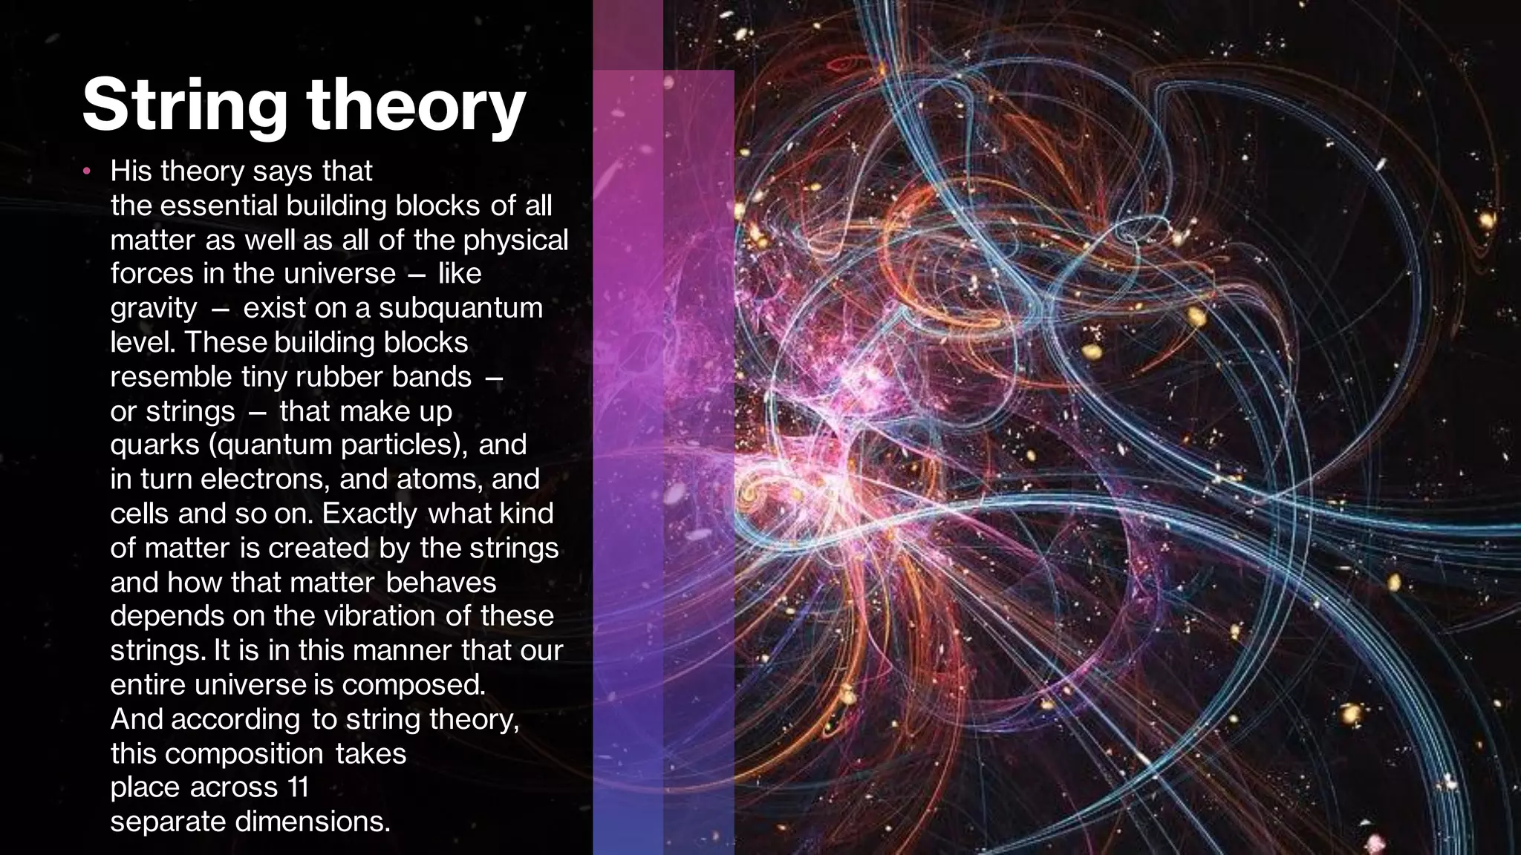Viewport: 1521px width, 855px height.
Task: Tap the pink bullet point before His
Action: coord(87,172)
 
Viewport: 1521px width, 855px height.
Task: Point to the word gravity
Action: coord(154,308)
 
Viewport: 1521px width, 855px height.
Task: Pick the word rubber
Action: coord(339,377)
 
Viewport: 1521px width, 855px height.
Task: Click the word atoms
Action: coord(439,479)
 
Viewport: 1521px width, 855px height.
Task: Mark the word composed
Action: coord(413,684)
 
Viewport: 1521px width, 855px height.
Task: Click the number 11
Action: coord(297,787)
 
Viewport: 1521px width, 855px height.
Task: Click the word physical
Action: coord(515,240)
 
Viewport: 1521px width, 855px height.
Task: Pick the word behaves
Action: coord(441,582)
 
